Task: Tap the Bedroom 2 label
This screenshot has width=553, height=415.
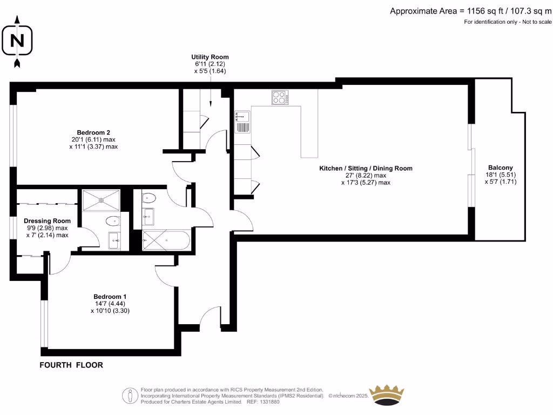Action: [x=93, y=132]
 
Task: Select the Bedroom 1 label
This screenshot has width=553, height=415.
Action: [x=110, y=297]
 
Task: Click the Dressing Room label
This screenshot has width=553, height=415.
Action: [x=48, y=220]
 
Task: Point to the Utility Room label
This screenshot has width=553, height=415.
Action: [x=210, y=57]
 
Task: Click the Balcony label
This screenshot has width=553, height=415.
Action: [x=500, y=168]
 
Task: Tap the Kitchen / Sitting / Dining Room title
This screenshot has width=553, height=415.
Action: [x=366, y=169]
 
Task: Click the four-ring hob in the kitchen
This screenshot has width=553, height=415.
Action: [x=280, y=98]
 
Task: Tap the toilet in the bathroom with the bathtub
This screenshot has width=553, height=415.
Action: [x=149, y=198]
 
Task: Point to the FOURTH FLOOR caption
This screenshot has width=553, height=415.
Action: [x=71, y=365]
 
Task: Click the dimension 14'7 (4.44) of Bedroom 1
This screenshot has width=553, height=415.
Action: [x=110, y=304]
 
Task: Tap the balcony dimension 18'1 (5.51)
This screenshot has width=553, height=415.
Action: [x=500, y=175]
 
